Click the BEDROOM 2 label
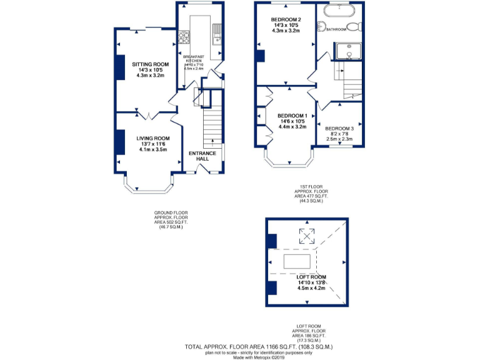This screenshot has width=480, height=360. [x=286, y=19]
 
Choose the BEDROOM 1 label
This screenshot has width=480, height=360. [x=292, y=116]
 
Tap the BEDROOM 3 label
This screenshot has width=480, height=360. [x=339, y=128]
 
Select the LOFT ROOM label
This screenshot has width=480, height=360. [x=311, y=276]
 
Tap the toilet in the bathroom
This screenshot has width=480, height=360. [x=354, y=27]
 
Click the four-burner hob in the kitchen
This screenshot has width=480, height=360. [x=184, y=38]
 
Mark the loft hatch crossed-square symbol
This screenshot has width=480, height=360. [x=306, y=236]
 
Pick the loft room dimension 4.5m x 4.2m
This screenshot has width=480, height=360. [x=311, y=289]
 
